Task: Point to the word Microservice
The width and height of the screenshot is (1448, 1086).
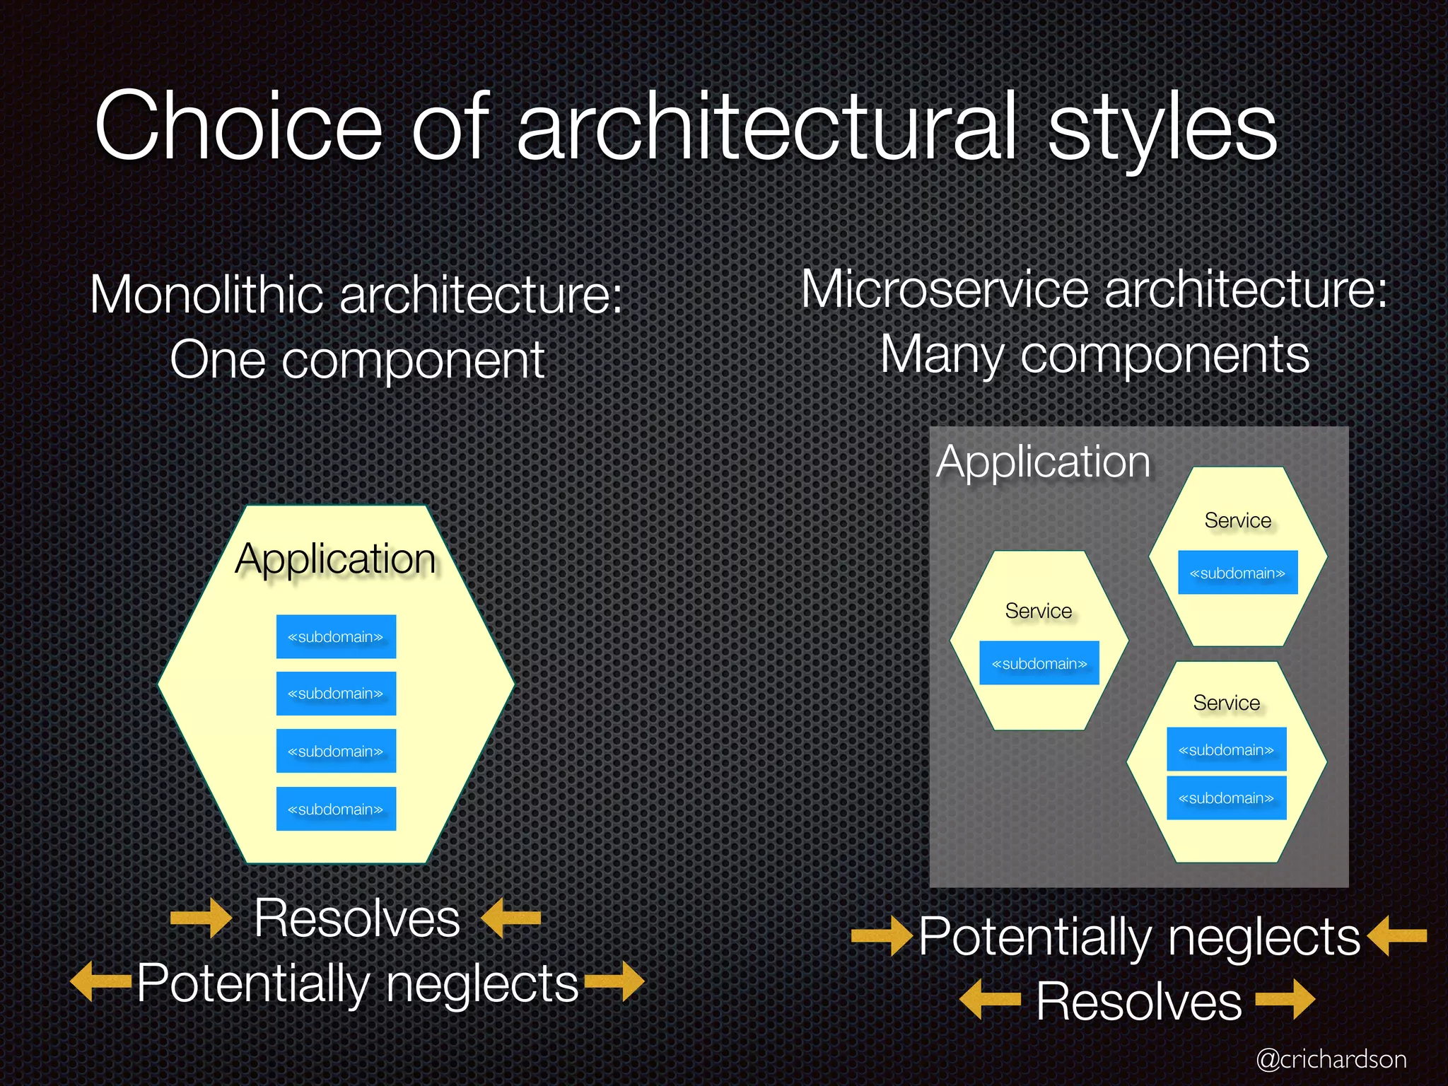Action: [x=945, y=289]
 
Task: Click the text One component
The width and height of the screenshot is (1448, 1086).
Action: [x=357, y=360]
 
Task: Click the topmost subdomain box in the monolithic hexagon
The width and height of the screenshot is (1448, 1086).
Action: [x=336, y=636]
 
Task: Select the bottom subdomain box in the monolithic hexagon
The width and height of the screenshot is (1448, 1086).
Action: [x=336, y=809]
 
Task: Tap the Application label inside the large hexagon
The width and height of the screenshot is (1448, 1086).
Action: [x=335, y=559]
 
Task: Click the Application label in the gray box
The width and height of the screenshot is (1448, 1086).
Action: [x=1044, y=462]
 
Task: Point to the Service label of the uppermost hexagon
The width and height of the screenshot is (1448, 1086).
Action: [x=1237, y=520]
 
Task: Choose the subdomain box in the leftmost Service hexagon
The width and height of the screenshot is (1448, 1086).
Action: [x=1039, y=663]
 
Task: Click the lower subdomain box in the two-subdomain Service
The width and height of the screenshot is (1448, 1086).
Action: [x=1226, y=798]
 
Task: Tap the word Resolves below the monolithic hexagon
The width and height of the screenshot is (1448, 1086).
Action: [x=357, y=918]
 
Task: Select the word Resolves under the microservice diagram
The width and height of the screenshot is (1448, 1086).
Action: [x=1139, y=1001]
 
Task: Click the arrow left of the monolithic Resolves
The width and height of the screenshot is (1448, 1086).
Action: [x=201, y=918]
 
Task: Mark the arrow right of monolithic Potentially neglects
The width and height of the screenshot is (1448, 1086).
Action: [x=614, y=982]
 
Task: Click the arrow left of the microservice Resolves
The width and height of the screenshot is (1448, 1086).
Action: [x=990, y=1000]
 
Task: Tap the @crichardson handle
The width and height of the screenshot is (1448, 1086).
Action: [x=1331, y=1059]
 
